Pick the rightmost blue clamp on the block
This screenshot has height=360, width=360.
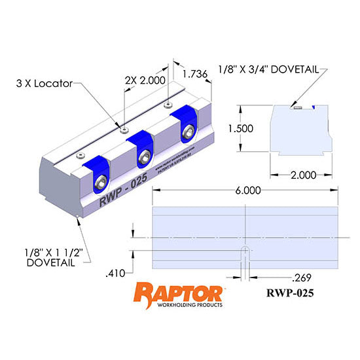pyautogui.click(x=185, y=124)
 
